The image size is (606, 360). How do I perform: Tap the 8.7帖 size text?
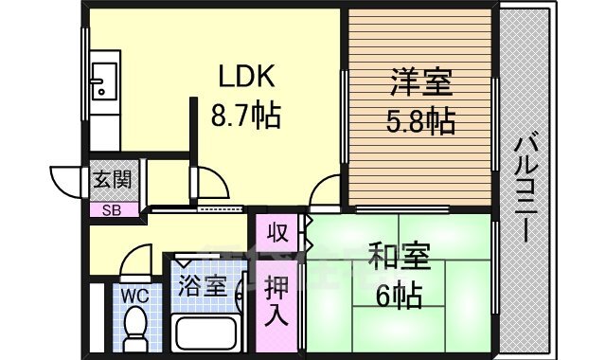tap(244, 117)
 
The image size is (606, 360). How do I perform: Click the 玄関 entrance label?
tap(112, 179)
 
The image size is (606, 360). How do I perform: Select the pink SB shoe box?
tap(112, 210)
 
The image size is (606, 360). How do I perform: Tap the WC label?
tap(135, 295)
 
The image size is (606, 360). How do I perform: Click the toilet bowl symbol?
tap(135, 327)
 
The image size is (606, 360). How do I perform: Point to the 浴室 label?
tap(202, 284)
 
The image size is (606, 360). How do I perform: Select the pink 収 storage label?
tap(276, 231)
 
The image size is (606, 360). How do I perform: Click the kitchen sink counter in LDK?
tap(104, 90)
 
